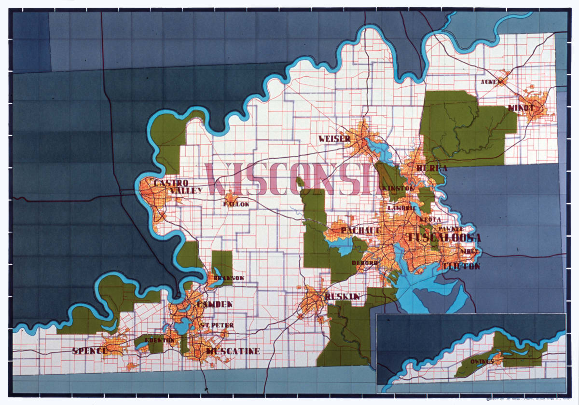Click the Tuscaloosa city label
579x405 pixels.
(444, 238)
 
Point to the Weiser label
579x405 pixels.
(334, 139)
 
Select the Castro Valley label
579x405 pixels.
(177, 187)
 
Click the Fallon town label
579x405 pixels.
(236, 204)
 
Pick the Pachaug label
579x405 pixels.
(358, 230)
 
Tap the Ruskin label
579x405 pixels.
(343, 297)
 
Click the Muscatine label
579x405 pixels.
(233, 351)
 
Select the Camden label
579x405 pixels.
(215, 305)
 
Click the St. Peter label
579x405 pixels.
(217, 325)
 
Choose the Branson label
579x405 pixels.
(229, 278)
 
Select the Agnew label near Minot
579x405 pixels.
(488, 82)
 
